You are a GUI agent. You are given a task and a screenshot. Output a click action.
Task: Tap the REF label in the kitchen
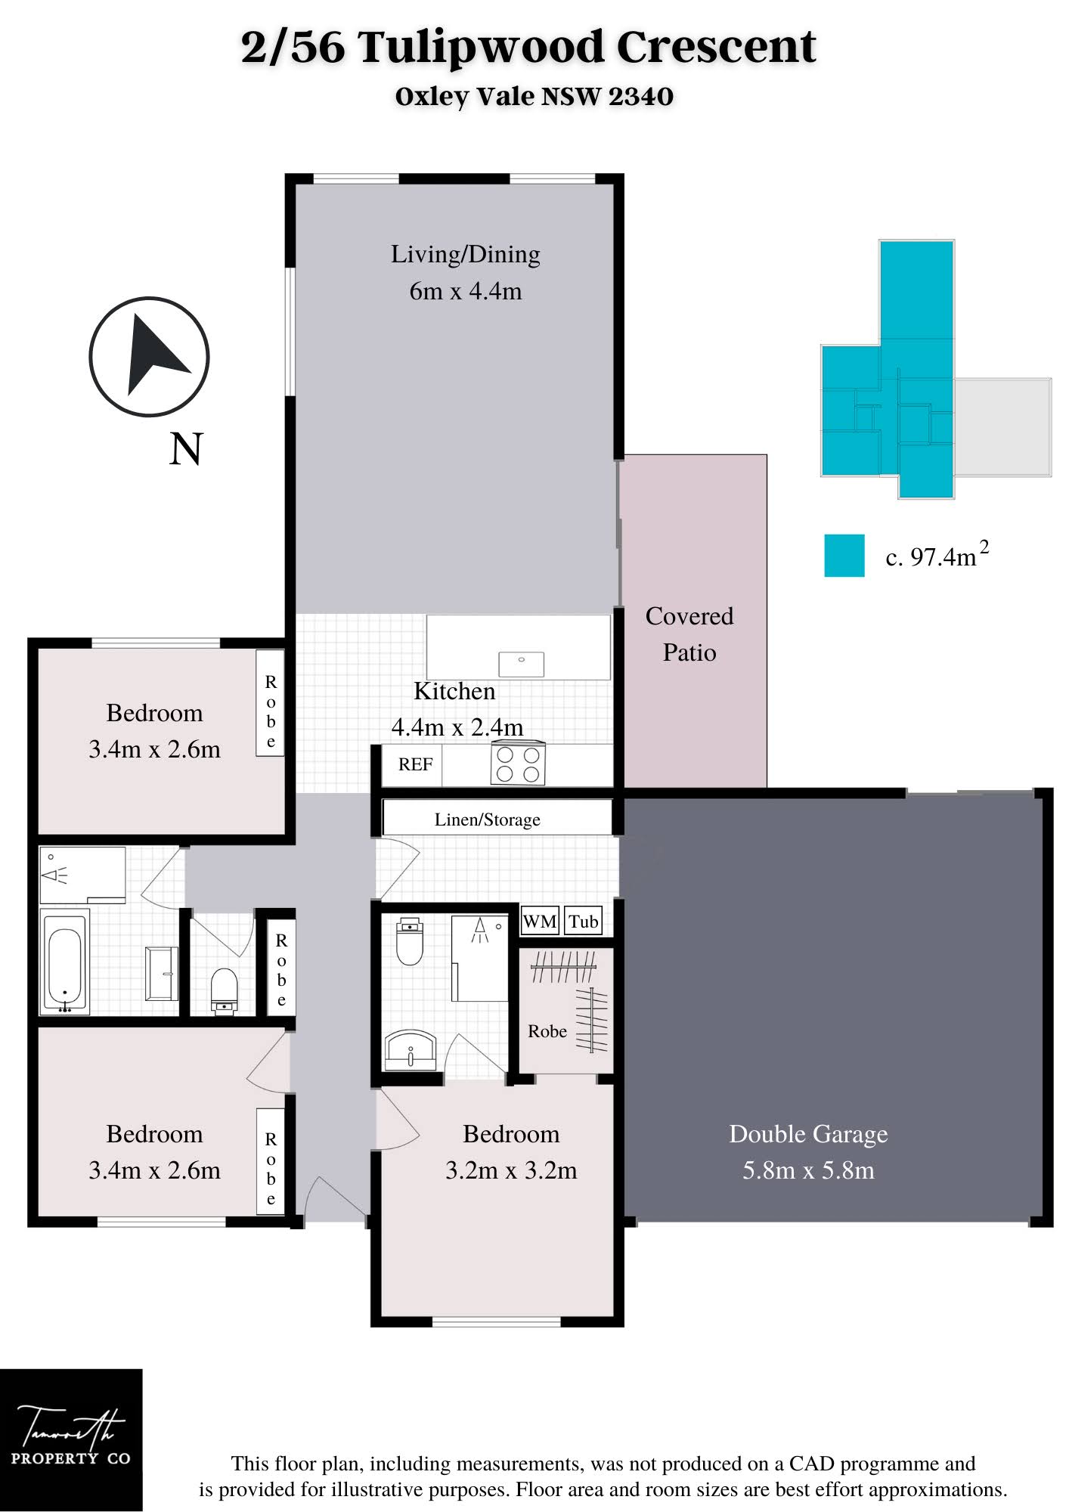click(x=415, y=764)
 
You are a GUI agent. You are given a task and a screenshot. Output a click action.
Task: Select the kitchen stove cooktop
click(x=519, y=764)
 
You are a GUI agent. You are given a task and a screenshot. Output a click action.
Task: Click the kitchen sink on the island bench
click(x=521, y=664)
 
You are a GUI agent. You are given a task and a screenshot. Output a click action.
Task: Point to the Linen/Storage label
click(x=487, y=820)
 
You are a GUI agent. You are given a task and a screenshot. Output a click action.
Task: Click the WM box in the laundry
click(x=540, y=922)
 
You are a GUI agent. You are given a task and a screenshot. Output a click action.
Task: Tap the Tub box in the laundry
click(x=583, y=922)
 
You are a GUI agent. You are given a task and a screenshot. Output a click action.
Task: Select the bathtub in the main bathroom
click(x=64, y=961)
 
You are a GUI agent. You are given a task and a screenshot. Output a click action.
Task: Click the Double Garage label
click(x=808, y=1134)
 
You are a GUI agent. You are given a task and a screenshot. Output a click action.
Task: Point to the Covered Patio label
click(x=689, y=634)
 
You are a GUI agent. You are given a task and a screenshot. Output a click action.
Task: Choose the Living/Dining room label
click(x=466, y=255)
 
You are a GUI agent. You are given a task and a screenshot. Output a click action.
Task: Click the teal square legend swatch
click(x=844, y=556)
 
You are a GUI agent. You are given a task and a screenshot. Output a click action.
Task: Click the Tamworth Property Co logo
click(x=71, y=1439)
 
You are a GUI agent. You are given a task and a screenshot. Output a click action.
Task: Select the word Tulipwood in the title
click(x=481, y=48)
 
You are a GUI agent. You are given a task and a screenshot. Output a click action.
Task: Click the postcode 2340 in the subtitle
click(x=641, y=96)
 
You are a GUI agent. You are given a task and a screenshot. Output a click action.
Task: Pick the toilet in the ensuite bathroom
click(x=410, y=941)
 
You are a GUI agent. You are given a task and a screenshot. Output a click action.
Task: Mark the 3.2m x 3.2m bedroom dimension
click(x=511, y=1170)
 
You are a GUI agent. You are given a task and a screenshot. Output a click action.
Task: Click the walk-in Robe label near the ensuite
click(x=547, y=1031)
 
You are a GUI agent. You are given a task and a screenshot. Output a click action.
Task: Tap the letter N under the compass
click(x=186, y=449)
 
